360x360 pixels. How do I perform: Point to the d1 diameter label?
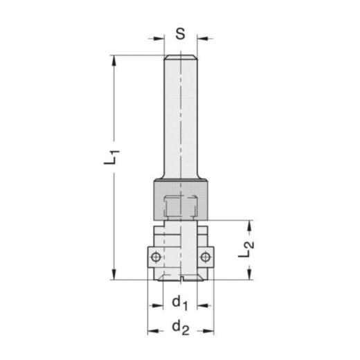(x=181, y=303)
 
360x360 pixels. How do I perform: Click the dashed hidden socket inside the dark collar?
(x=181, y=206)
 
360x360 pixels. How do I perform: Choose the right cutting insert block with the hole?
(x=207, y=258)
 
